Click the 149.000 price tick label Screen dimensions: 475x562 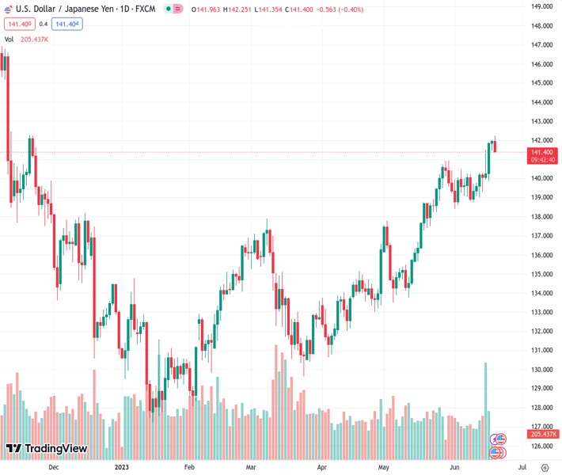[x=541, y=6]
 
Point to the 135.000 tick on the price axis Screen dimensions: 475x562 [x=541, y=274]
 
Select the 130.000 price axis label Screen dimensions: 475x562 [x=541, y=370]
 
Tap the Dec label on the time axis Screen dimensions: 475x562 [x=53, y=467]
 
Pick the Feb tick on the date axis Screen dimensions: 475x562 [x=189, y=467]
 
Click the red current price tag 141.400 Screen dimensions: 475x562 [x=542, y=152]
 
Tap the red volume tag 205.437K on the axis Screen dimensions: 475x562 [x=543, y=434]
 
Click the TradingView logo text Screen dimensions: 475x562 [x=55, y=449]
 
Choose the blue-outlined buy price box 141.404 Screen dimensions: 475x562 [x=67, y=24]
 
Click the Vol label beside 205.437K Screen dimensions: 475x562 [x=9, y=39]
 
